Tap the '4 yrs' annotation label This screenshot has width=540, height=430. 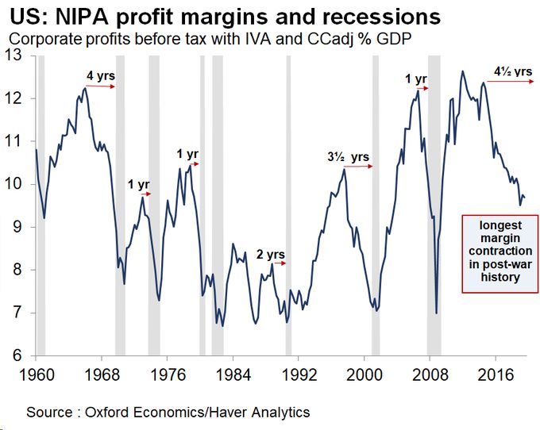point(101,76)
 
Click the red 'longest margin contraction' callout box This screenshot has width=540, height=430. point(500,251)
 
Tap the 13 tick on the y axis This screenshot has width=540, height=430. point(16,56)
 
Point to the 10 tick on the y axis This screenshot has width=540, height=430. point(15,184)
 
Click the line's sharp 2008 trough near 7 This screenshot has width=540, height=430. point(437,313)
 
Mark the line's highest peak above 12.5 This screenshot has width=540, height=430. point(462,71)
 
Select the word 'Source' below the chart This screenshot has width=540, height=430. point(49,413)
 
